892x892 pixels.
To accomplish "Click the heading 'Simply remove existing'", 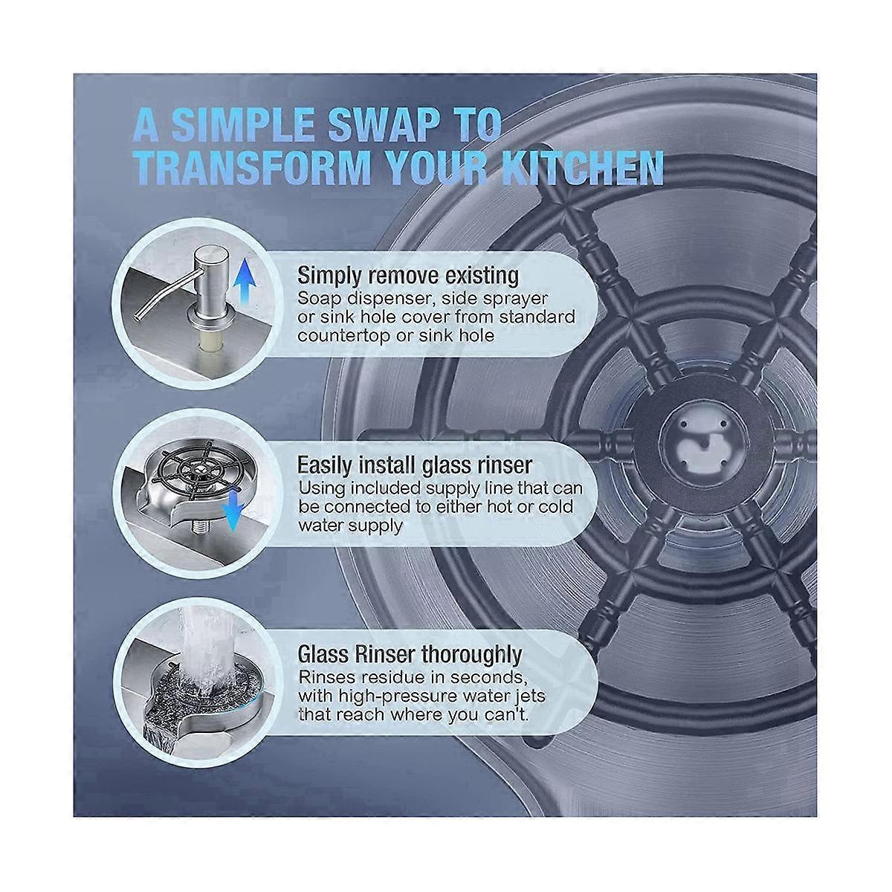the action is pos(408,277).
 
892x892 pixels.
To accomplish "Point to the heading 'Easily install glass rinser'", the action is pos(414,465).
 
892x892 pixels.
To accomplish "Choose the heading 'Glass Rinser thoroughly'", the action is pos(410,654).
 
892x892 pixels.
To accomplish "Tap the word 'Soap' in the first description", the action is pos(317,300).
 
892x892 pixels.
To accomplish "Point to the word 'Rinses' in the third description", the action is pos(326,677).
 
